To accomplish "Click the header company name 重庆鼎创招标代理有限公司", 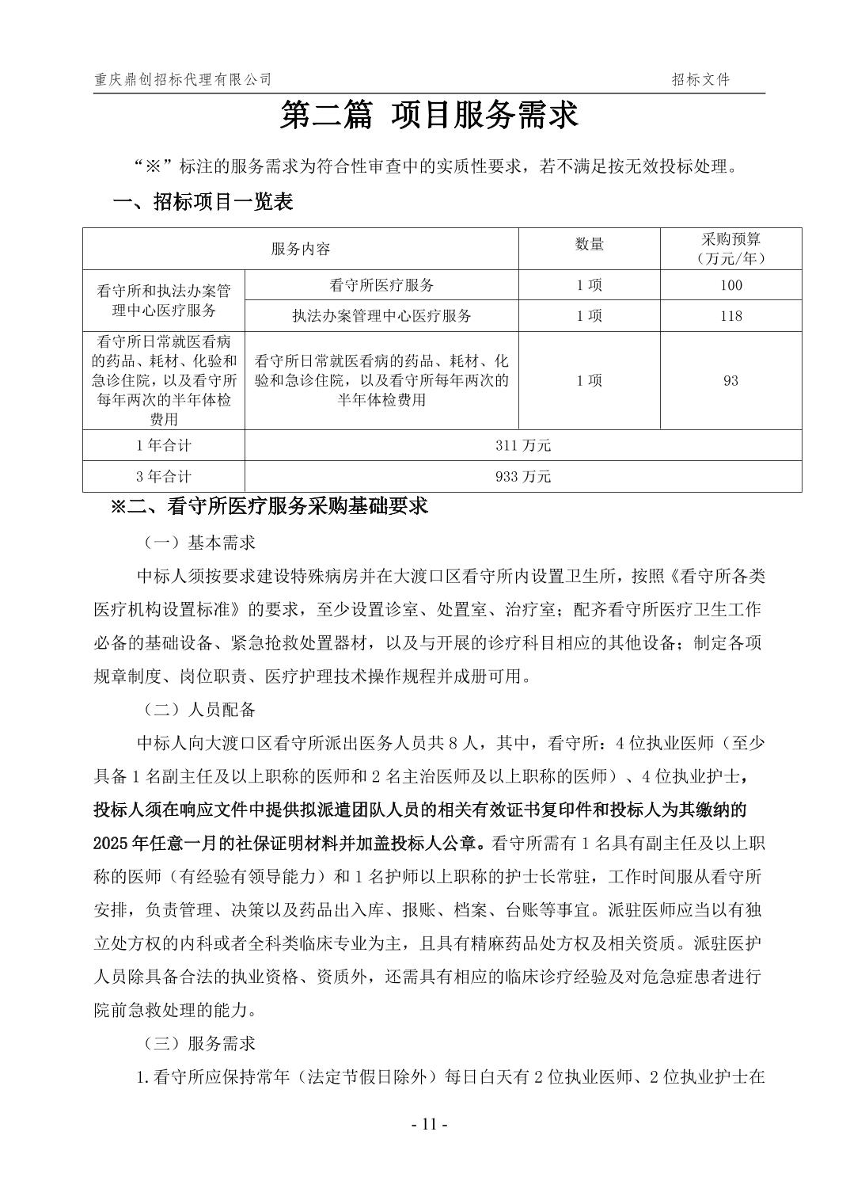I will pos(183,79).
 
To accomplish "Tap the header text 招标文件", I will pos(700,79).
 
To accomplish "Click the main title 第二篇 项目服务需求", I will pos(430,116).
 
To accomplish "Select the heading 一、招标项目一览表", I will pos(203,202).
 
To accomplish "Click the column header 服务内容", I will pos(301,249).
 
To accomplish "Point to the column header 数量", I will pos(589,245).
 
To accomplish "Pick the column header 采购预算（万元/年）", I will pos(730,249).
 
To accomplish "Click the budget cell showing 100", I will pos(730,285).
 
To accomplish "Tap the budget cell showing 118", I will pos(730,316).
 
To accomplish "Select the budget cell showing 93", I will pos(730,380).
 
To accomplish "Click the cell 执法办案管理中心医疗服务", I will pos(381,316).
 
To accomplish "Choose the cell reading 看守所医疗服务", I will pos(381,285).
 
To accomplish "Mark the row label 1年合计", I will pos(164,445).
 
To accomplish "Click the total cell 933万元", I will pos(523,476).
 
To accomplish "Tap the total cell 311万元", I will pos(523,445).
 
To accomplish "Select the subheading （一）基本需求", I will pos(199,543).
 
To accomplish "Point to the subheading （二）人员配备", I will pos(199,709).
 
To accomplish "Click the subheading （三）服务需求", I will pos(199,1043).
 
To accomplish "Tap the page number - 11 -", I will pos(430,1125).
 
